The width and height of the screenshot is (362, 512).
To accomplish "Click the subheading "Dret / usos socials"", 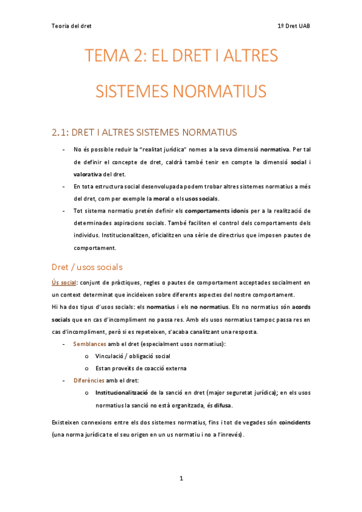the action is click(88, 267).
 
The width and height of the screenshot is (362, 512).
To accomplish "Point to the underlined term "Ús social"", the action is click(64, 283).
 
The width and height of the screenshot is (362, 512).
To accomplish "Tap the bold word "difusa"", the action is click(220, 405).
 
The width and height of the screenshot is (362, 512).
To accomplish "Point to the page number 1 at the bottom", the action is click(181, 478).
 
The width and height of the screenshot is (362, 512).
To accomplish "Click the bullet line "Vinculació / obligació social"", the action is click(128, 356).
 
